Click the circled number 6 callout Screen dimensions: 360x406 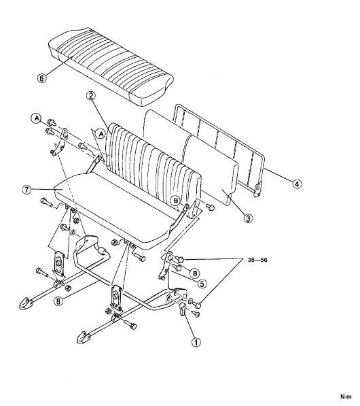pos(42,78)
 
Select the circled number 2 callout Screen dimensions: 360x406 pos(90,96)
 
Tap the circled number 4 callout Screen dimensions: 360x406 pos(297,184)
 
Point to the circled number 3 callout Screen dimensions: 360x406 pos(248,218)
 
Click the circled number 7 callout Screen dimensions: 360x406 pos(26,190)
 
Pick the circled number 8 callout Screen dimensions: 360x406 pos(58,301)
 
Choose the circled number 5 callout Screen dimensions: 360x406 pos(202,284)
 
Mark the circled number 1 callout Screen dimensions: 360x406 pos(196,342)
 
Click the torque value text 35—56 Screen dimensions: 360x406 pos(257,260)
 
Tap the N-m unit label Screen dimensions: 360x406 pos(346,396)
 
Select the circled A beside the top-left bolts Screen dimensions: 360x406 pos(37,118)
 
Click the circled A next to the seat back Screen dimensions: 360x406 pos(101,134)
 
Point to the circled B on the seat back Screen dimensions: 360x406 pos(176,201)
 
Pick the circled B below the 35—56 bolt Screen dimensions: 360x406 pos(194,273)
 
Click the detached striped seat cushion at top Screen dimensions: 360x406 pos(111,66)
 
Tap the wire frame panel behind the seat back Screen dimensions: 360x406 pos(219,150)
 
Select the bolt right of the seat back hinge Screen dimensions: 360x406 pos(210,207)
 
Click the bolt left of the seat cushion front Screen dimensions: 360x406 pos(46,202)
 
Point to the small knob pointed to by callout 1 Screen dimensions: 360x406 pos(182,309)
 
